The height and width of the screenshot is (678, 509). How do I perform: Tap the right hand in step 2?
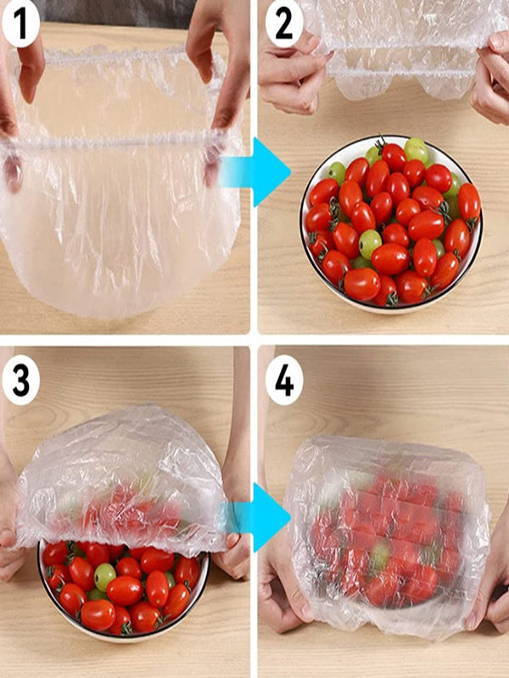click(492, 81)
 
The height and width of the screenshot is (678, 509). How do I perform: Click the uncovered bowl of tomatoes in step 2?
click(390, 222)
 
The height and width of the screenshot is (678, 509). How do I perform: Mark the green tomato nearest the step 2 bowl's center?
click(370, 243)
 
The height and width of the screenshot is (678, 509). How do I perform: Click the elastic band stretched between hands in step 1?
click(115, 143)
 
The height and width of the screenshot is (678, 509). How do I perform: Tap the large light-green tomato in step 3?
click(104, 576)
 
